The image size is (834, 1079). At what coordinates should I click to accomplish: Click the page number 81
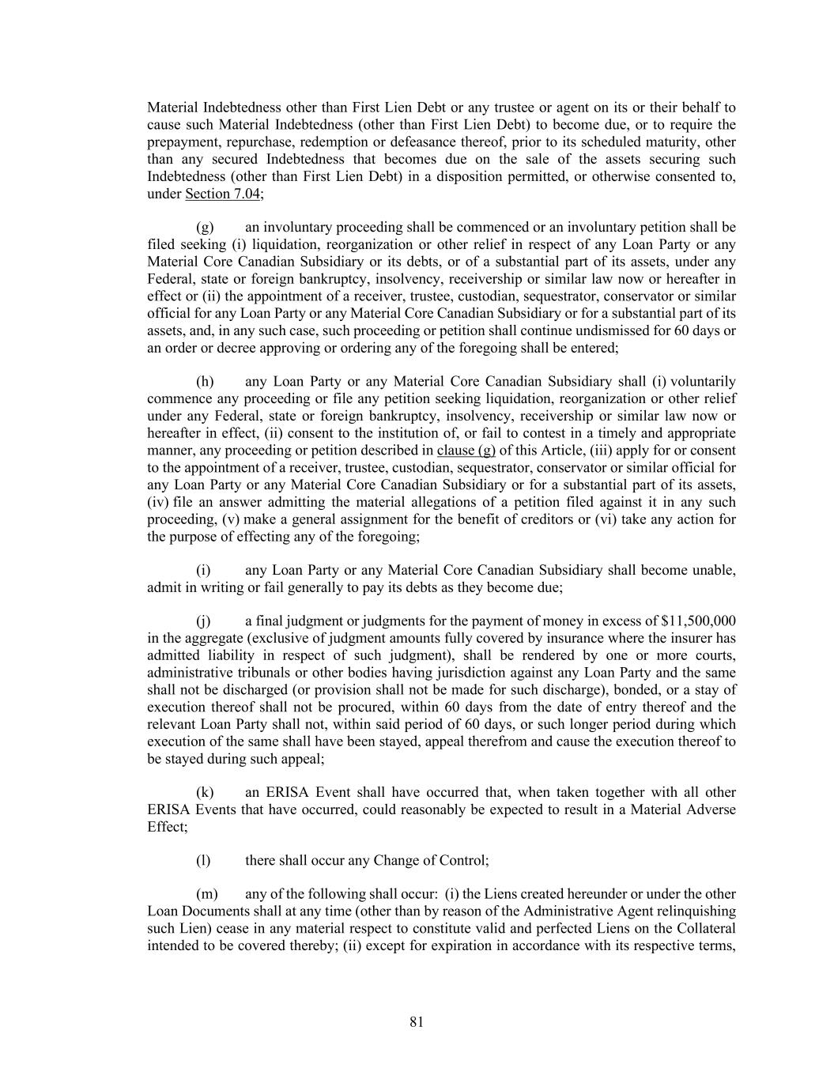pos(417,1022)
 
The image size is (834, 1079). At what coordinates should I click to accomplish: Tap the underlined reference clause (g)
pos(466,451)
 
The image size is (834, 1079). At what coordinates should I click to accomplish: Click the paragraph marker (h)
pos(205,382)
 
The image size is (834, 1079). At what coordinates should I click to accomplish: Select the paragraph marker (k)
pos(205,792)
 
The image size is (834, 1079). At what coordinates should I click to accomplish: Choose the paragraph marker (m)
pos(206,894)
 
